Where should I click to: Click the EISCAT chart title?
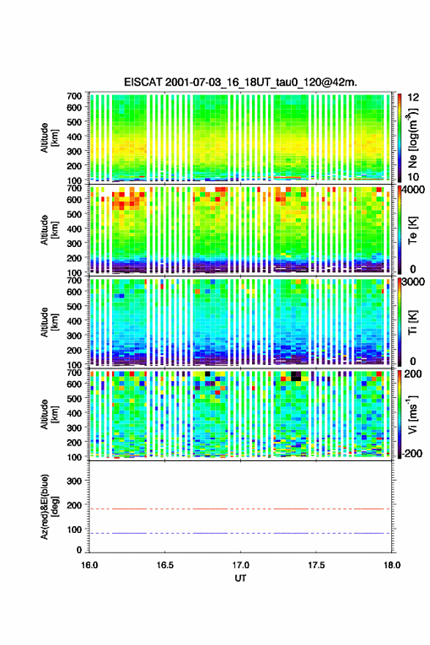click(240, 82)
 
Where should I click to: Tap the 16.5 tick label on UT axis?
click(165, 565)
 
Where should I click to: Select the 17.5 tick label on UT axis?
click(316, 565)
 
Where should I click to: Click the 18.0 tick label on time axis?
click(392, 565)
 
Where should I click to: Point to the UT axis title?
click(240, 578)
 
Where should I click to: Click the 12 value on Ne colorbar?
click(413, 97)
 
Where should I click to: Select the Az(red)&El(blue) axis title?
click(49, 506)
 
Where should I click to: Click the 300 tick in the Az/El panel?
click(75, 481)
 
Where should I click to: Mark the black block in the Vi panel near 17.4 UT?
click(295, 376)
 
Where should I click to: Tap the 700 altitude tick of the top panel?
click(75, 96)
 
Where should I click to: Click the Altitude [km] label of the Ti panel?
click(49, 322)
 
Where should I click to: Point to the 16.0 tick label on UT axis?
click(89, 565)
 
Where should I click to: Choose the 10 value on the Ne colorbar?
click(413, 177)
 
